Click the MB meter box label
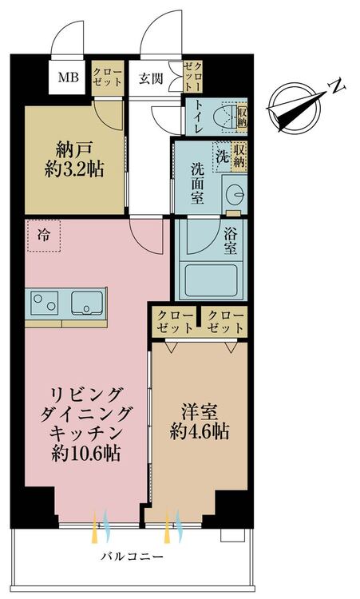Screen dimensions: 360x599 (69, 77)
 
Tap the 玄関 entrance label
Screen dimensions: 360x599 (151, 79)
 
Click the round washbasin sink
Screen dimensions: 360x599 (234, 194)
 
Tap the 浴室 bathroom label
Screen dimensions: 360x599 (230, 241)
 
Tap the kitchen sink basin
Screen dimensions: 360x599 (87, 303)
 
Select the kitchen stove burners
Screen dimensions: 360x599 (44, 303)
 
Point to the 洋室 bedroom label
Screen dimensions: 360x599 (200, 413)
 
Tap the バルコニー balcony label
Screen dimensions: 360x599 (132, 556)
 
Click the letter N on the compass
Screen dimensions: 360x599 (337, 87)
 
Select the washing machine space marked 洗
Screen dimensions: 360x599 (223, 157)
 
